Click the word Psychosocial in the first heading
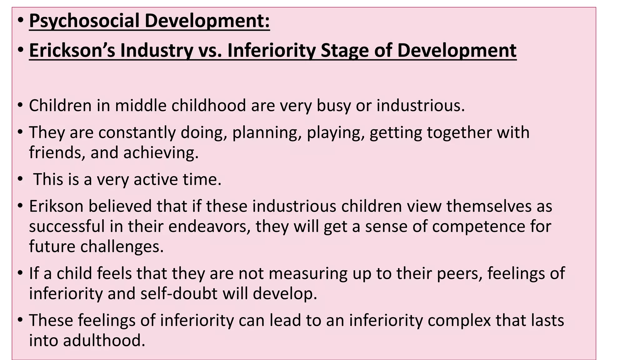click(x=84, y=21)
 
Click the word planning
click(x=267, y=132)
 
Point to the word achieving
click(x=161, y=153)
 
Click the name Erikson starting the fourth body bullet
click(x=56, y=206)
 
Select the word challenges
click(x=122, y=247)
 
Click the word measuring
click(x=308, y=273)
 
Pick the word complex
click(x=459, y=320)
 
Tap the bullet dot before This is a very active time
click(x=20, y=179)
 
